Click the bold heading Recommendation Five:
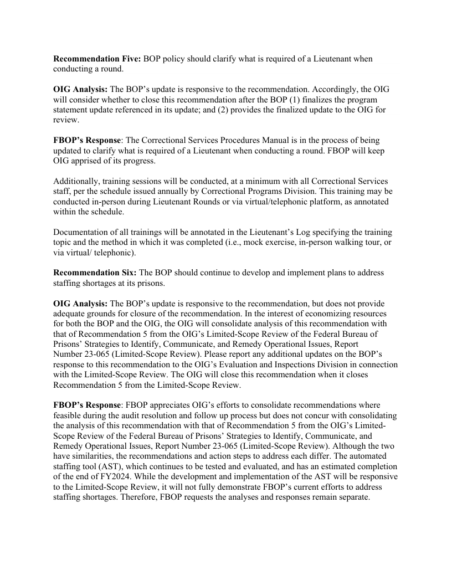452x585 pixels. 96,59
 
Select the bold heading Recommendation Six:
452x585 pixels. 95,273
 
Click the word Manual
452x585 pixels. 261,140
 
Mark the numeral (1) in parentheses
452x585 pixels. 331,100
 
